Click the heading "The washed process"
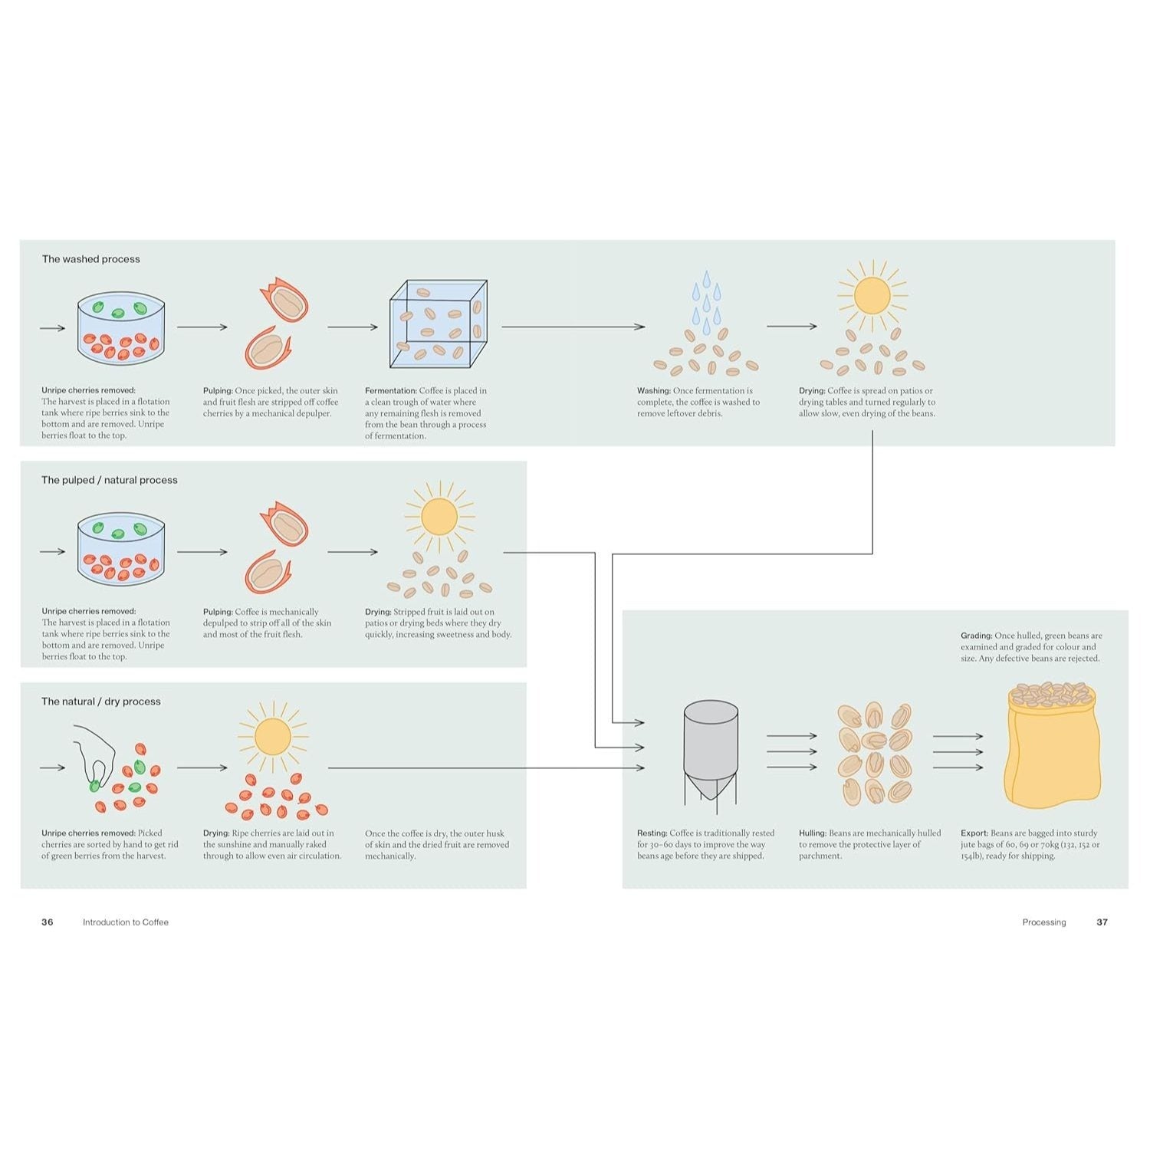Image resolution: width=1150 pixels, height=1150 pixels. (90, 259)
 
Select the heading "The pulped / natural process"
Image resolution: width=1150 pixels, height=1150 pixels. (110, 480)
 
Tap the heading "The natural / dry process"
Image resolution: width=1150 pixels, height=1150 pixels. (101, 701)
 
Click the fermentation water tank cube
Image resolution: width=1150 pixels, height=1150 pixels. (439, 324)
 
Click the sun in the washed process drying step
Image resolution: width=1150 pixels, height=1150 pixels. (872, 295)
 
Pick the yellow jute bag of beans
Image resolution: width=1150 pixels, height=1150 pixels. (1053, 745)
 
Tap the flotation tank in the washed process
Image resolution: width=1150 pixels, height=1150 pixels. (121, 328)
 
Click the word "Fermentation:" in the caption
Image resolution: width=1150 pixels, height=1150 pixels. (391, 391)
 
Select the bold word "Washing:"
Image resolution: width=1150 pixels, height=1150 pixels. (654, 391)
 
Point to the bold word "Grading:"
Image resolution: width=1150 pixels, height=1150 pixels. (977, 636)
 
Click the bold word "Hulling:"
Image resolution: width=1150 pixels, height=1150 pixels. (813, 833)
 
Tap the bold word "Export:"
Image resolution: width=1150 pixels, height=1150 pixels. (974, 833)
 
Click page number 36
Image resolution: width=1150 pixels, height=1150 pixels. (48, 922)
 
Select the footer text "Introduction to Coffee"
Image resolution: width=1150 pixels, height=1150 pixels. (126, 922)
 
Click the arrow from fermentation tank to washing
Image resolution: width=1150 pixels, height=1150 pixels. (573, 327)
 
